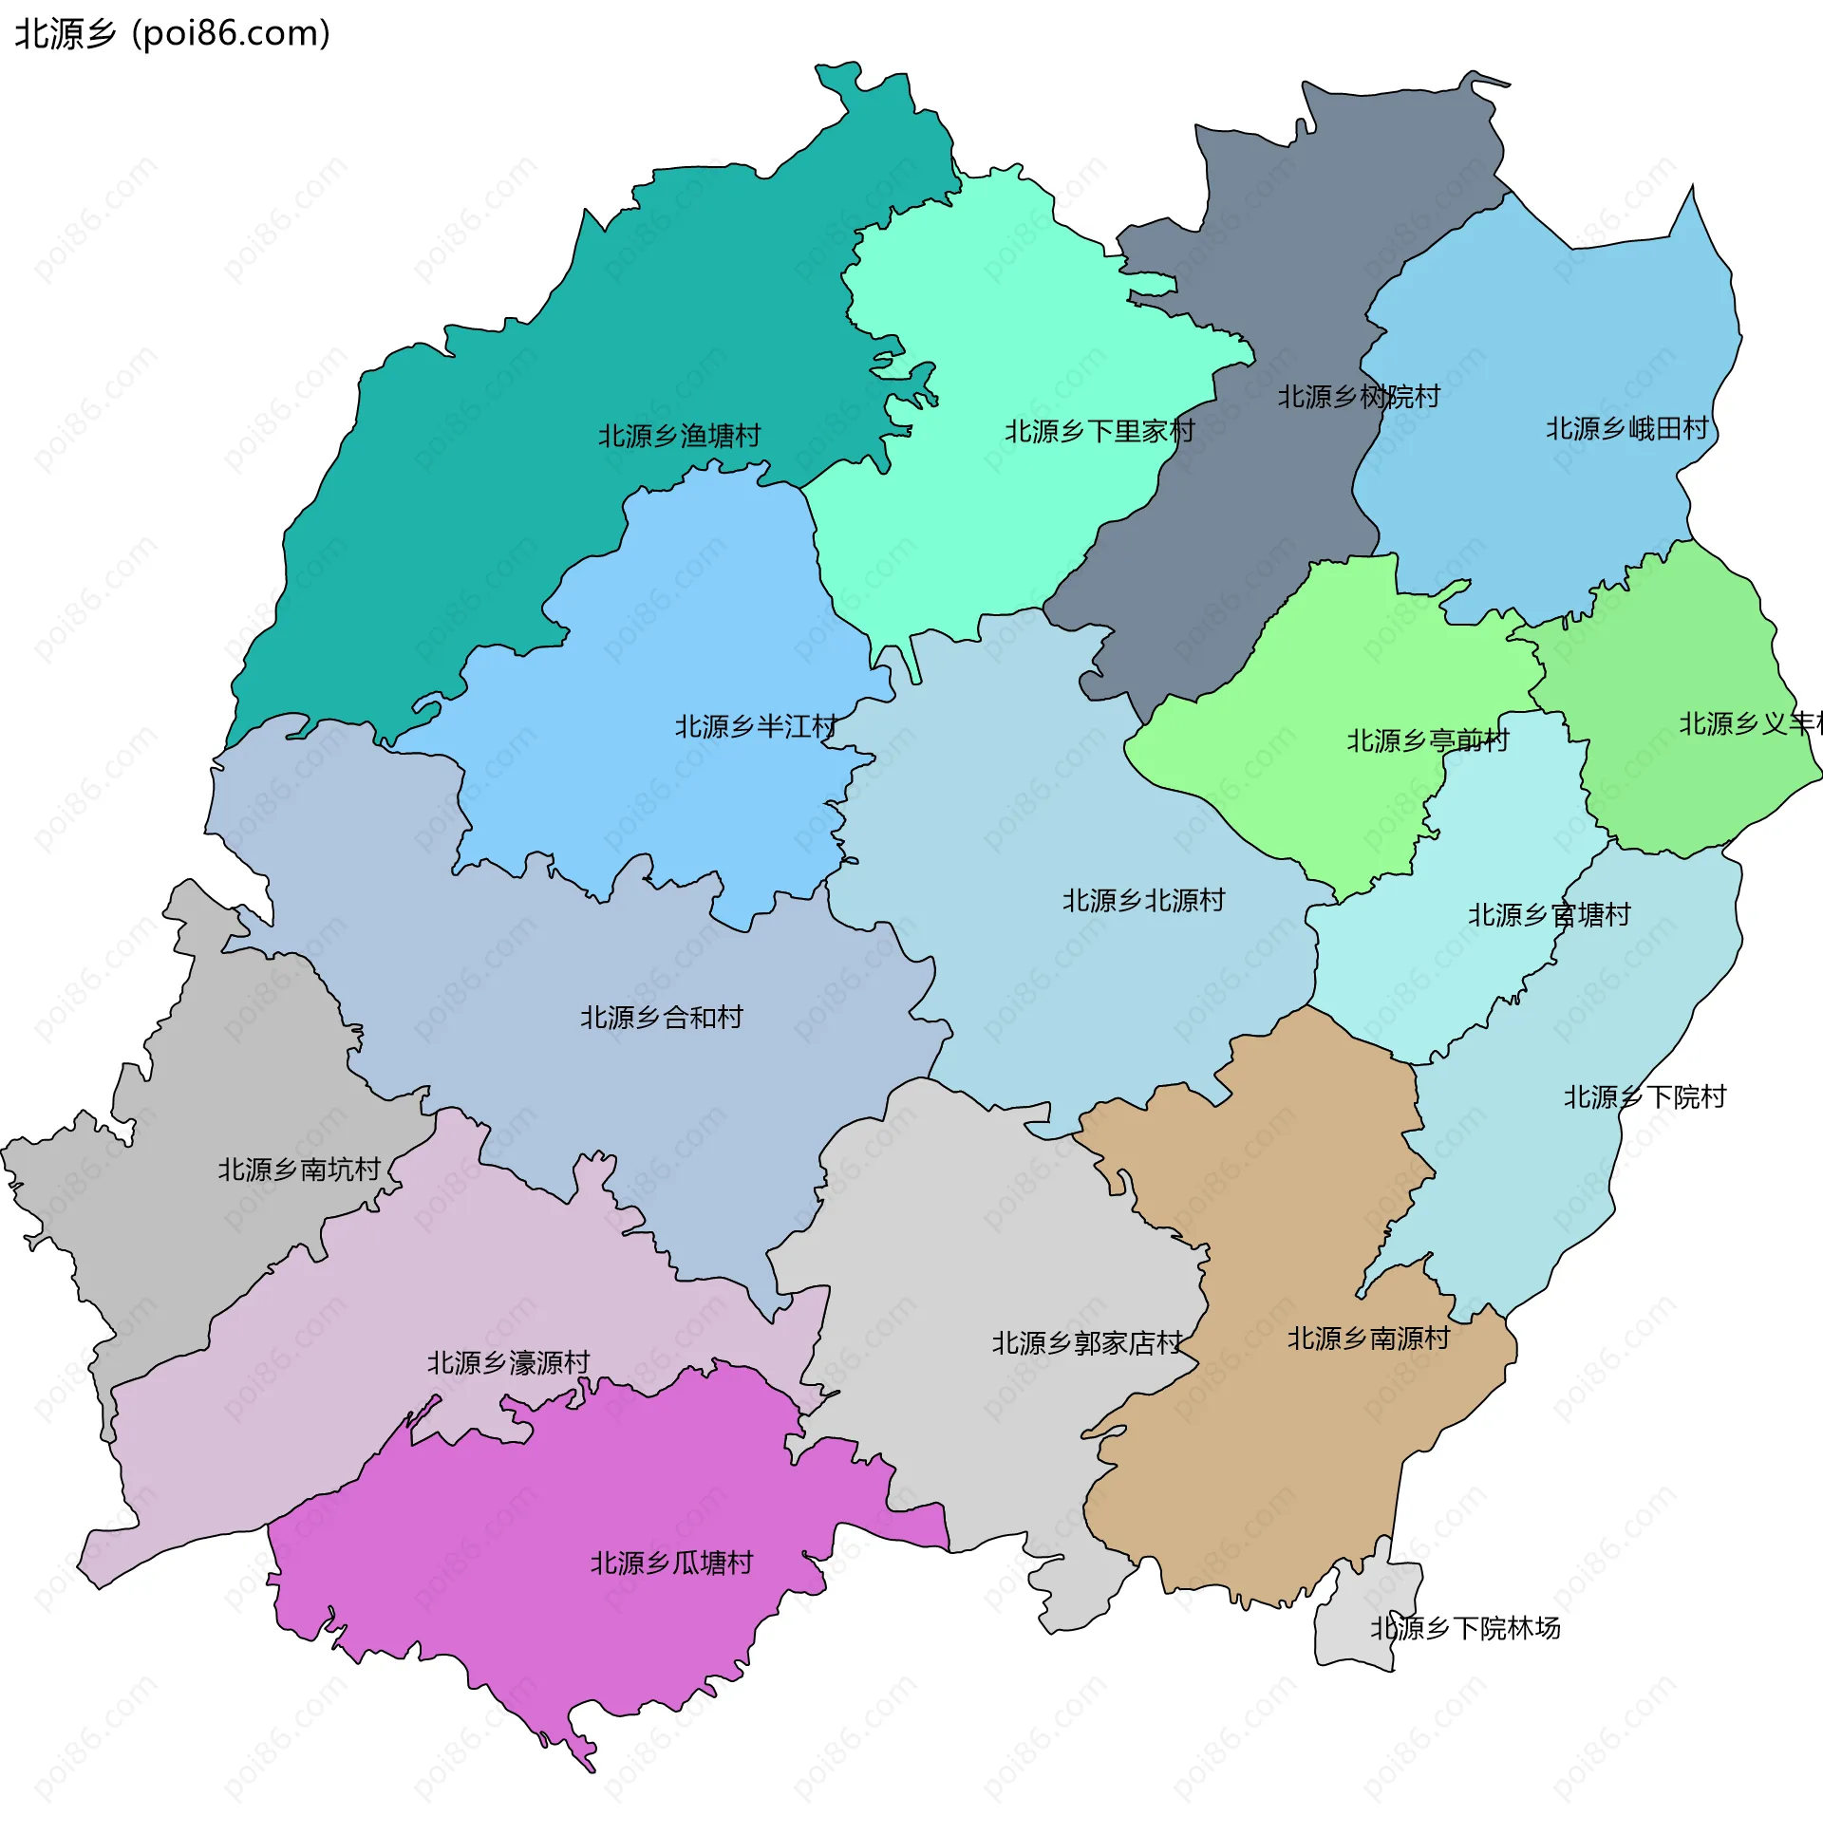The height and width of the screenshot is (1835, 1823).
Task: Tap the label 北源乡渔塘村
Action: click(679, 436)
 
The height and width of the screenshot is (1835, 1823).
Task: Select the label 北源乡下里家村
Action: click(1099, 431)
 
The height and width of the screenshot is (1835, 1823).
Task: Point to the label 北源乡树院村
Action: click(1358, 396)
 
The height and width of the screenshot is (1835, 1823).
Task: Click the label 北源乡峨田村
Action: click(1626, 428)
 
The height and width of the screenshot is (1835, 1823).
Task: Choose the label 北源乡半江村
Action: click(755, 726)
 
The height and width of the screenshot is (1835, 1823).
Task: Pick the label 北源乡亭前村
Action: click(1427, 740)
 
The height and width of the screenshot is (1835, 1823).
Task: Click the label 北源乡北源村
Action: click(1143, 899)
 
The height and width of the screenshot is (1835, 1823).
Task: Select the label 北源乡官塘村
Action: click(1549, 914)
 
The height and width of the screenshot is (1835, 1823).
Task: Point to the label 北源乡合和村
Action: click(661, 1018)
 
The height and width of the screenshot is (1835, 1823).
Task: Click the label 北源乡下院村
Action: click(1644, 1097)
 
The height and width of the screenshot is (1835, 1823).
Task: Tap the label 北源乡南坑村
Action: click(298, 1170)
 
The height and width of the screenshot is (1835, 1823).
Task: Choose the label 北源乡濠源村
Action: click(508, 1363)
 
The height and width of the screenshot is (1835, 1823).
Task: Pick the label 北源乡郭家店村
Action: click(1087, 1343)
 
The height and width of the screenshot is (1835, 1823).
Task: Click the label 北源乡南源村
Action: click(1368, 1339)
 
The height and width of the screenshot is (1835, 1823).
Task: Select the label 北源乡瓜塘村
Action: click(670, 1563)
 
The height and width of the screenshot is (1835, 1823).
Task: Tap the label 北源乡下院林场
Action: click(1464, 1628)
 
